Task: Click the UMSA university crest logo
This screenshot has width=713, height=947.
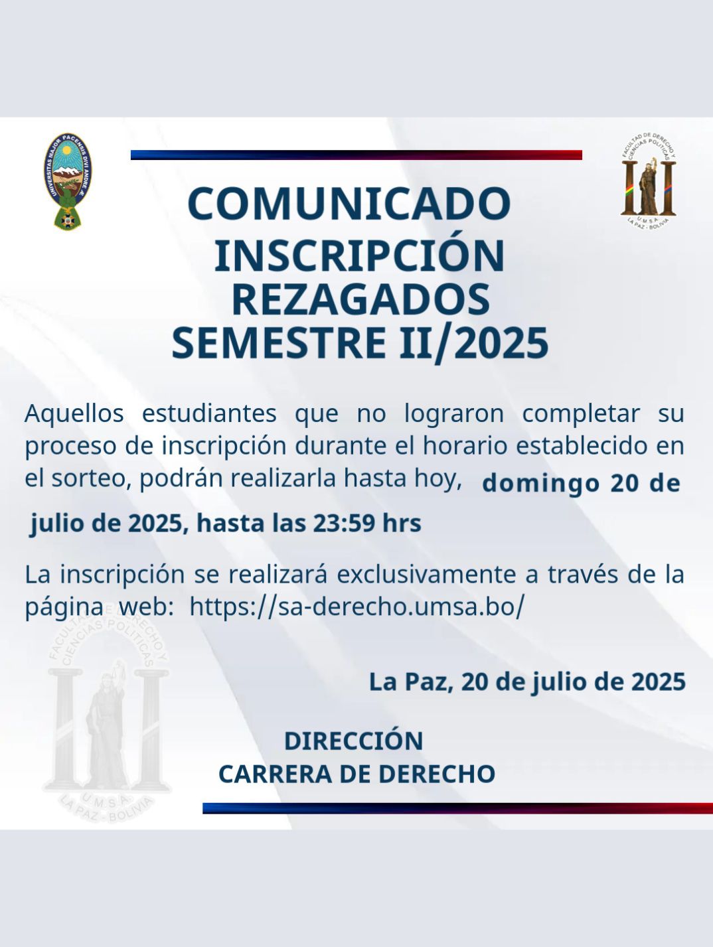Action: tap(68, 181)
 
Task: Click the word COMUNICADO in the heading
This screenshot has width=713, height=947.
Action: tap(349, 204)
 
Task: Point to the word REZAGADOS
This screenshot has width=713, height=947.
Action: tap(361, 299)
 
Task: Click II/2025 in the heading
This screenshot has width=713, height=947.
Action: tap(473, 344)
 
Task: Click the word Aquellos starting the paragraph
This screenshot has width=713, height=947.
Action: tap(74, 413)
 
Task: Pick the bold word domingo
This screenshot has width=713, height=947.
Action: tap(540, 484)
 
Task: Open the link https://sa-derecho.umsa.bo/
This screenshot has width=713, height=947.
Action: tap(357, 607)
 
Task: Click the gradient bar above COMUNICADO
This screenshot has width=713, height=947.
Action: tap(356, 155)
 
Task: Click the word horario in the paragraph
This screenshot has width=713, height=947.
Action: tap(465, 446)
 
